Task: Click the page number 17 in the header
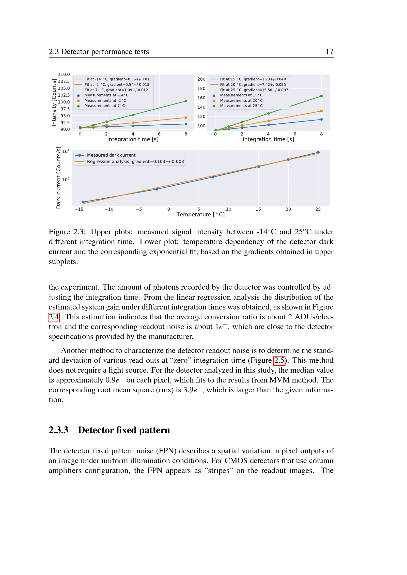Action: (329, 52)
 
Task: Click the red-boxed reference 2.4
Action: (54, 317)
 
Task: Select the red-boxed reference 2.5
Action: (279, 361)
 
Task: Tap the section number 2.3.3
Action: (58, 430)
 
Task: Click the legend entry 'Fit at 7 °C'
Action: (116, 90)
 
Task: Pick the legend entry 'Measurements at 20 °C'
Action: (241, 101)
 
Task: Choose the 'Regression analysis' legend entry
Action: (135, 162)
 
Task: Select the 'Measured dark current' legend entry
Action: (111, 155)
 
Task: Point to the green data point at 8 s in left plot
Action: (186, 101)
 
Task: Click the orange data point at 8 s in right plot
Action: (321, 111)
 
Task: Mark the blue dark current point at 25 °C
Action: (318, 152)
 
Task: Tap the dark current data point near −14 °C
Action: (83, 202)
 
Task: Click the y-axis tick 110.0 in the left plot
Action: (64, 75)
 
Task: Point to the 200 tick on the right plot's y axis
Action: (201, 79)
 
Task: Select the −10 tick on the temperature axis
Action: (109, 209)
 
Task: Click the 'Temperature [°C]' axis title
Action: (201, 215)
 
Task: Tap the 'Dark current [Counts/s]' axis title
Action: (58, 178)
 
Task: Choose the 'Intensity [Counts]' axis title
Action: (54, 102)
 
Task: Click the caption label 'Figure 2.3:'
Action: (67, 232)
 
